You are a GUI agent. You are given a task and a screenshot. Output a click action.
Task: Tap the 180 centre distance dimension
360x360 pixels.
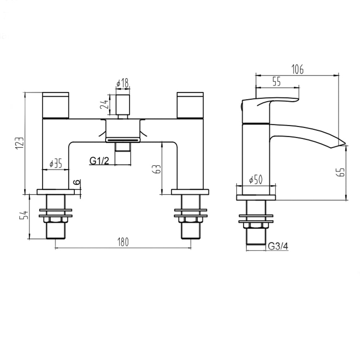(x=123, y=242)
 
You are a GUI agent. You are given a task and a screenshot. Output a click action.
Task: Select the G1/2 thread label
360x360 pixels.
(x=99, y=161)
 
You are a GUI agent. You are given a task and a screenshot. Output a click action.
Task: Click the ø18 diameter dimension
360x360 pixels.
(x=123, y=84)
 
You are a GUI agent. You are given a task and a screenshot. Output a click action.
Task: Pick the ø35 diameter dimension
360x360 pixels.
(x=56, y=164)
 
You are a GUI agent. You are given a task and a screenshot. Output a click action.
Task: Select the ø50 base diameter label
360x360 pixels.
(x=256, y=180)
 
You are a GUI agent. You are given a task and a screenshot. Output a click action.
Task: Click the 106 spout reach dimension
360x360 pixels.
(x=297, y=69)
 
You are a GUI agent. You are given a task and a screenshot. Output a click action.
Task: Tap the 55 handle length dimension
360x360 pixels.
(x=276, y=82)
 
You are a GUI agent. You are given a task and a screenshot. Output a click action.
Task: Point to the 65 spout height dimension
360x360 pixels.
(x=342, y=172)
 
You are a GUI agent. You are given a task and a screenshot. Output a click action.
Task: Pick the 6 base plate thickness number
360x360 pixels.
(x=77, y=183)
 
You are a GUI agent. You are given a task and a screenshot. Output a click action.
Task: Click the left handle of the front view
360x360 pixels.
(x=56, y=105)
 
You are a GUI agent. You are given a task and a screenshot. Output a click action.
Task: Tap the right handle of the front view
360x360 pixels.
(x=190, y=105)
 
